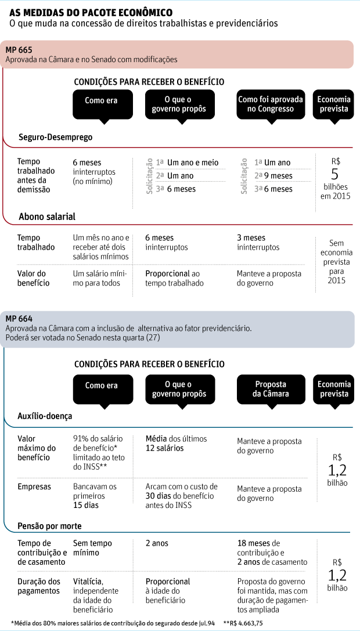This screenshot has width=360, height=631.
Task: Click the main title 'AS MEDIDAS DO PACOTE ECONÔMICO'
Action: [x=91, y=12]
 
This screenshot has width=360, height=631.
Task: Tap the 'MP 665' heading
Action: [x=19, y=50]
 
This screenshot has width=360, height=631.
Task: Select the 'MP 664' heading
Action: [x=19, y=319]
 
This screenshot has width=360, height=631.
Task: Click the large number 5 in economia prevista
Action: [x=334, y=174]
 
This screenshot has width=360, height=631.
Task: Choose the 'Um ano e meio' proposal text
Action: [x=192, y=163]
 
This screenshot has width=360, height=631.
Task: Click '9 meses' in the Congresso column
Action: [x=278, y=175]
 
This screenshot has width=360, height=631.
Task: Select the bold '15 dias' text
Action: [x=86, y=505]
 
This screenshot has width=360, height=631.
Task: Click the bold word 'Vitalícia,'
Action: [x=88, y=582]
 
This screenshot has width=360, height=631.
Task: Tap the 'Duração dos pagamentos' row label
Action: [x=39, y=586]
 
